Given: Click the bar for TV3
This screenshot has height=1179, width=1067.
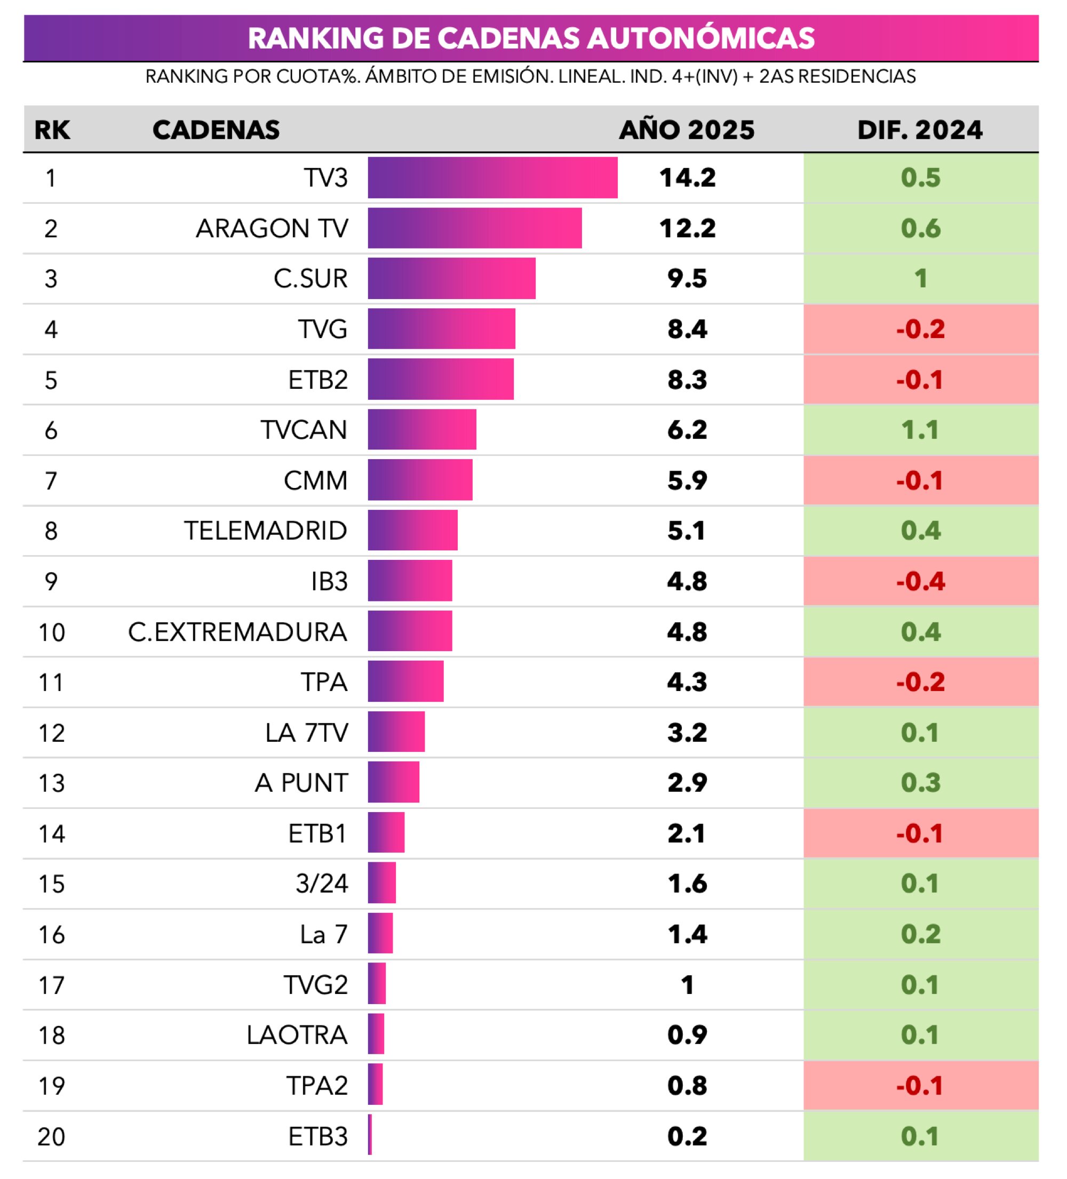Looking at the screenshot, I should click(492, 177).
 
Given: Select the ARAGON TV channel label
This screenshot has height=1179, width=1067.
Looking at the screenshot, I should click(272, 228).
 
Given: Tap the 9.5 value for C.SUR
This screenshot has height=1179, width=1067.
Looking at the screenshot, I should click(687, 278).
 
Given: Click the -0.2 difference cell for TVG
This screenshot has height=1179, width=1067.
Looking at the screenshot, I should click(920, 328).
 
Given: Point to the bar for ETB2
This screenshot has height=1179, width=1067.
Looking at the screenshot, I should click(441, 379).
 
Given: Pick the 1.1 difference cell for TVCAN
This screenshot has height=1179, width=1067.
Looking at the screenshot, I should click(920, 430).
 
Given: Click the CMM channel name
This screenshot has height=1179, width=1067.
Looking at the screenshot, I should click(315, 480).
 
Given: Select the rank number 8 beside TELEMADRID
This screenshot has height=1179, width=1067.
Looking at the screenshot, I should click(51, 531).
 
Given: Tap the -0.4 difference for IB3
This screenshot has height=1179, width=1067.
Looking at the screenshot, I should click(920, 581).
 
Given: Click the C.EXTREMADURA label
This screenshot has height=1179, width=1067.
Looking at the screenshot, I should click(237, 631).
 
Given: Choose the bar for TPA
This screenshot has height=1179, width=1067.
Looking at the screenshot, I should click(405, 681).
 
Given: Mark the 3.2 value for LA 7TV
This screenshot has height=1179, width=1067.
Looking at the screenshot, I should click(687, 732).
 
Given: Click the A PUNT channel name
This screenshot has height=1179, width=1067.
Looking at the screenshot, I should click(301, 782).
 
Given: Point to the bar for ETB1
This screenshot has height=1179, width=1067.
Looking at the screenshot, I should click(386, 833).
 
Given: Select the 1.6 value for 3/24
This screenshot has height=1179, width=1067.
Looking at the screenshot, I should click(687, 883).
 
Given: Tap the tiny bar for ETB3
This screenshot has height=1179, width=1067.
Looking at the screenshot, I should click(370, 1135).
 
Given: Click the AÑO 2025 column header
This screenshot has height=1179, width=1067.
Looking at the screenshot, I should click(687, 129).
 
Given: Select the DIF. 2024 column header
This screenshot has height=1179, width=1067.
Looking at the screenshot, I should click(920, 129).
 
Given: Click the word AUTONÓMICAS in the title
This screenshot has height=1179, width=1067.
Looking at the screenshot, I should click(700, 38).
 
